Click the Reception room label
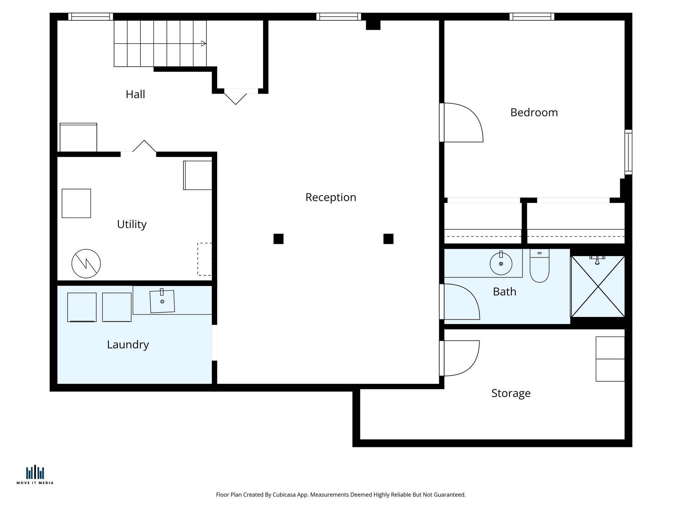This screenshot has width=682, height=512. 331,197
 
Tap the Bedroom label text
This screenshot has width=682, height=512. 534,113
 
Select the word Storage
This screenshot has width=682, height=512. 511,393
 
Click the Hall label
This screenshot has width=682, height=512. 135,94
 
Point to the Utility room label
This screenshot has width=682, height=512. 132,224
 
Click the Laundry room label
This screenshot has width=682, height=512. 128,345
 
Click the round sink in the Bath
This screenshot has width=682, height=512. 501,264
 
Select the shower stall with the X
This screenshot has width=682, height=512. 598,286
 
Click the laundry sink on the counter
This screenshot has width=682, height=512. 162,301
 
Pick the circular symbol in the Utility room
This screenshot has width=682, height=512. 86,264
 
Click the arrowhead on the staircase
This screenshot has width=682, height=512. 203,43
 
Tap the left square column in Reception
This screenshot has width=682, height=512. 278,239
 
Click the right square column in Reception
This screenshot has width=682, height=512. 388,239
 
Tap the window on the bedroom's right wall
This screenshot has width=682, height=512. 628,152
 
